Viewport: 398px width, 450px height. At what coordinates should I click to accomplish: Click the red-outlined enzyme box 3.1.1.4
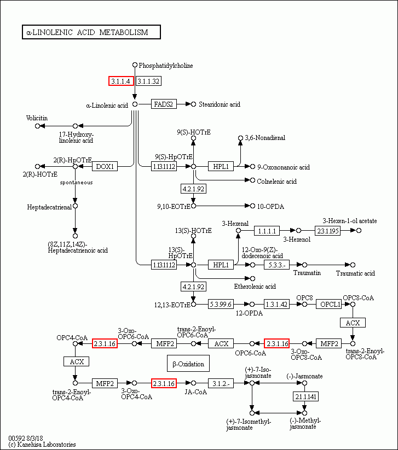121,81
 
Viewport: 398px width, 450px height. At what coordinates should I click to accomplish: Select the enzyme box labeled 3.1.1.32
148,81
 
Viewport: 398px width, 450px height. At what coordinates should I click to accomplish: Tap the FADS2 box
164,104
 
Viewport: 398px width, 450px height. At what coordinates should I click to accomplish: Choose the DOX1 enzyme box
105,166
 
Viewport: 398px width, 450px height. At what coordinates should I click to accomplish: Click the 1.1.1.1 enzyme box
269,231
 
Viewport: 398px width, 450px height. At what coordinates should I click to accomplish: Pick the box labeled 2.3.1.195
328,231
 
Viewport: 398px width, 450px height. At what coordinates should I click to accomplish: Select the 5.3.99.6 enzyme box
221,304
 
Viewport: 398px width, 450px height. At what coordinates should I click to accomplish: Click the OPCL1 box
330,304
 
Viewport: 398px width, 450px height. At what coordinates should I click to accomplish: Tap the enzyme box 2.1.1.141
305,396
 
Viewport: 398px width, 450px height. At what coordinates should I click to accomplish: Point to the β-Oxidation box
188,364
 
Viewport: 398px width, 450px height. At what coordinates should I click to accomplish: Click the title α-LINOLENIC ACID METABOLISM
91,32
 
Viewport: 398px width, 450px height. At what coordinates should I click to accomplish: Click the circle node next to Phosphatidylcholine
135,65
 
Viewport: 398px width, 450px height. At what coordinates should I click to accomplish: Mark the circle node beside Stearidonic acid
193,104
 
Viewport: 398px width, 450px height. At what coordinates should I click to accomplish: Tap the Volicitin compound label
37,118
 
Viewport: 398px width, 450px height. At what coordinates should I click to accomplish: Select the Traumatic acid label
355,273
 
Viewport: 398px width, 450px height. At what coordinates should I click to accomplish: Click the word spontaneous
76,182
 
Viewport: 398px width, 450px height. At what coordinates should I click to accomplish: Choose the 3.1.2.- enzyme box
221,383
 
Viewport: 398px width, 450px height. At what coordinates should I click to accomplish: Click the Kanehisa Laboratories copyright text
42,445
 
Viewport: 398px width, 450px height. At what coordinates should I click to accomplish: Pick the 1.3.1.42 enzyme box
276,304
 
